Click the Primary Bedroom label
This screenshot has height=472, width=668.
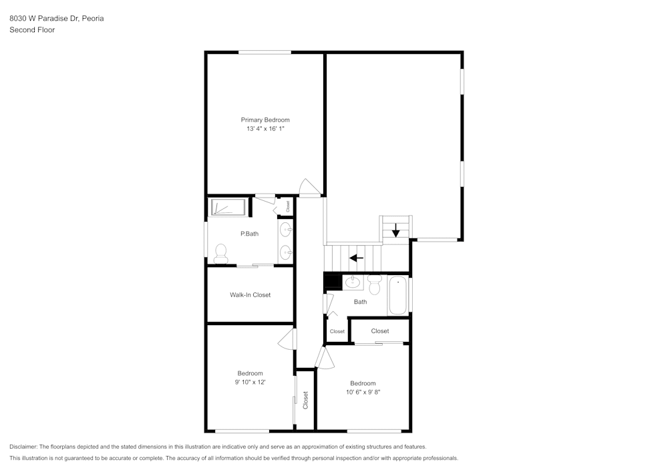[x=265, y=120]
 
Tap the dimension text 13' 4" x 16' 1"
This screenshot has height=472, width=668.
[x=265, y=129]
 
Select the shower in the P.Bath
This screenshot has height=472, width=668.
[x=228, y=207]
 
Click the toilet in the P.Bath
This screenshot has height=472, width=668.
[x=221, y=252]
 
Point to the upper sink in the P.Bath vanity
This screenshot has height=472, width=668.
[x=286, y=230]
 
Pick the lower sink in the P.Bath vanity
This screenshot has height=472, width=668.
[x=286, y=252]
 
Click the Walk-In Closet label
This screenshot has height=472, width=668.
[x=250, y=294]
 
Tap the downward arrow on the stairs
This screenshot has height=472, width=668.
[x=395, y=230]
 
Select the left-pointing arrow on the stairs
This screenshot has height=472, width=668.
[x=357, y=257]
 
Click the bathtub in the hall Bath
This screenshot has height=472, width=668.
[x=397, y=295]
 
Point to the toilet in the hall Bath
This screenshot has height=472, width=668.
[x=374, y=284]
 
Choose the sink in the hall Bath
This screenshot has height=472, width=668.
[x=353, y=282]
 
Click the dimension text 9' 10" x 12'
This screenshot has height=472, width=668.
[x=250, y=383]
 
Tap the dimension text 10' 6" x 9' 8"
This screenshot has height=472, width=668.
[x=363, y=393]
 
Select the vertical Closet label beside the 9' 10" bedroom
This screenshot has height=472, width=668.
[x=305, y=400]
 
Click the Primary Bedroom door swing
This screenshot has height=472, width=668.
[x=309, y=188]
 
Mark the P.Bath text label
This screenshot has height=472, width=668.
[x=249, y=234]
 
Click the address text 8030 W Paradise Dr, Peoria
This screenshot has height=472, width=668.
[x=56, y=19]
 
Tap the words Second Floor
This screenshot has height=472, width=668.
[x=32, y=30]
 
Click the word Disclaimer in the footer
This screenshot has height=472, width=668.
[x=23, y=447]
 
